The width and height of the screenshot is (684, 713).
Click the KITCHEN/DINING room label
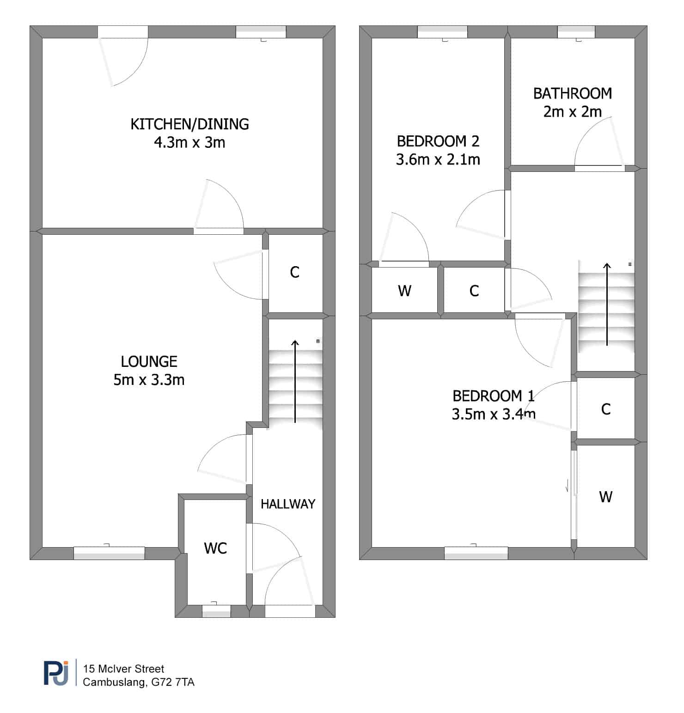click(x=189, y=124)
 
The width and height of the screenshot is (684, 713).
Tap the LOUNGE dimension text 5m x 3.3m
click(x=149, y=380)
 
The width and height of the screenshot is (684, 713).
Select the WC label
click(x=215, y=548)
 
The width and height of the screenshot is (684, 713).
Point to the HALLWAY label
click(x=288, y=504)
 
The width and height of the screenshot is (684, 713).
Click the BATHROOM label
click(x=573, y=94)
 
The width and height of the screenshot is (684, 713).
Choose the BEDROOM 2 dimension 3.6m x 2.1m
click(x=438, y=160)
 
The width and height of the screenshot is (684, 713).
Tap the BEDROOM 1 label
click(x=493, y=396)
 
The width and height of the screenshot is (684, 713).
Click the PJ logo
click(x=56, y=673)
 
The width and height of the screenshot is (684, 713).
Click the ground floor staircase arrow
click(x=295, y=381)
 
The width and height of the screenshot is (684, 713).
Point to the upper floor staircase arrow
click(x=607, y=304)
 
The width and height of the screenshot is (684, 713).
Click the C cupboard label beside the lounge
click(x=295, y=272)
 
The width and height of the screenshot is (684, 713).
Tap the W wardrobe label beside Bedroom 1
click(x=605, y=497)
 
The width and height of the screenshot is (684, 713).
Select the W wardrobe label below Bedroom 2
click(x=404, y=291)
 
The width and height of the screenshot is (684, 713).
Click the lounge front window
click(x=109, y=553)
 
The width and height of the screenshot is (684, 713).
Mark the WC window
click(x=216, y=611)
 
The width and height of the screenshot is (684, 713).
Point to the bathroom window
click(x=576, y=32)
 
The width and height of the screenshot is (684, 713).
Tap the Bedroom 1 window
click(x=476, y=553)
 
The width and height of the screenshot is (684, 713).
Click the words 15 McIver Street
click(x=123, y=669)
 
